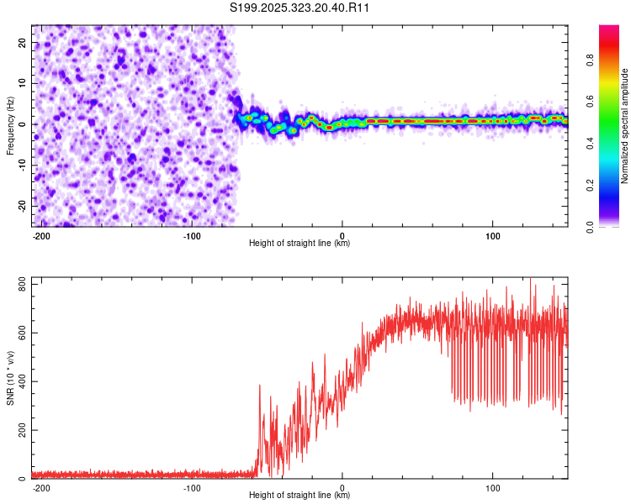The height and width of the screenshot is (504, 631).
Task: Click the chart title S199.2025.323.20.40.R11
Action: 300,8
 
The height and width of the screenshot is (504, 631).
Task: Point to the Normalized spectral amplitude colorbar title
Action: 625,126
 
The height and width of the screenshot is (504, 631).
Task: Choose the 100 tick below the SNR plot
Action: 493,486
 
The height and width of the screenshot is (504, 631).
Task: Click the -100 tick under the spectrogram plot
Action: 192,234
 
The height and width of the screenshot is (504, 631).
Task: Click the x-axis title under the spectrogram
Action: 300,243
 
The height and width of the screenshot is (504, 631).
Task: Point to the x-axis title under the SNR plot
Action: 300,495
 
